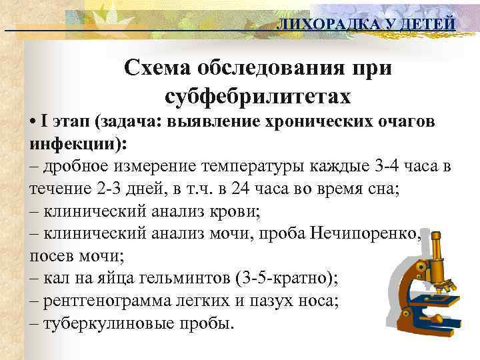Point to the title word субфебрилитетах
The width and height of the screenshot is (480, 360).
tap(257, 97)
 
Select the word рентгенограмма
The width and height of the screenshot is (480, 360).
tap(92, 301)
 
